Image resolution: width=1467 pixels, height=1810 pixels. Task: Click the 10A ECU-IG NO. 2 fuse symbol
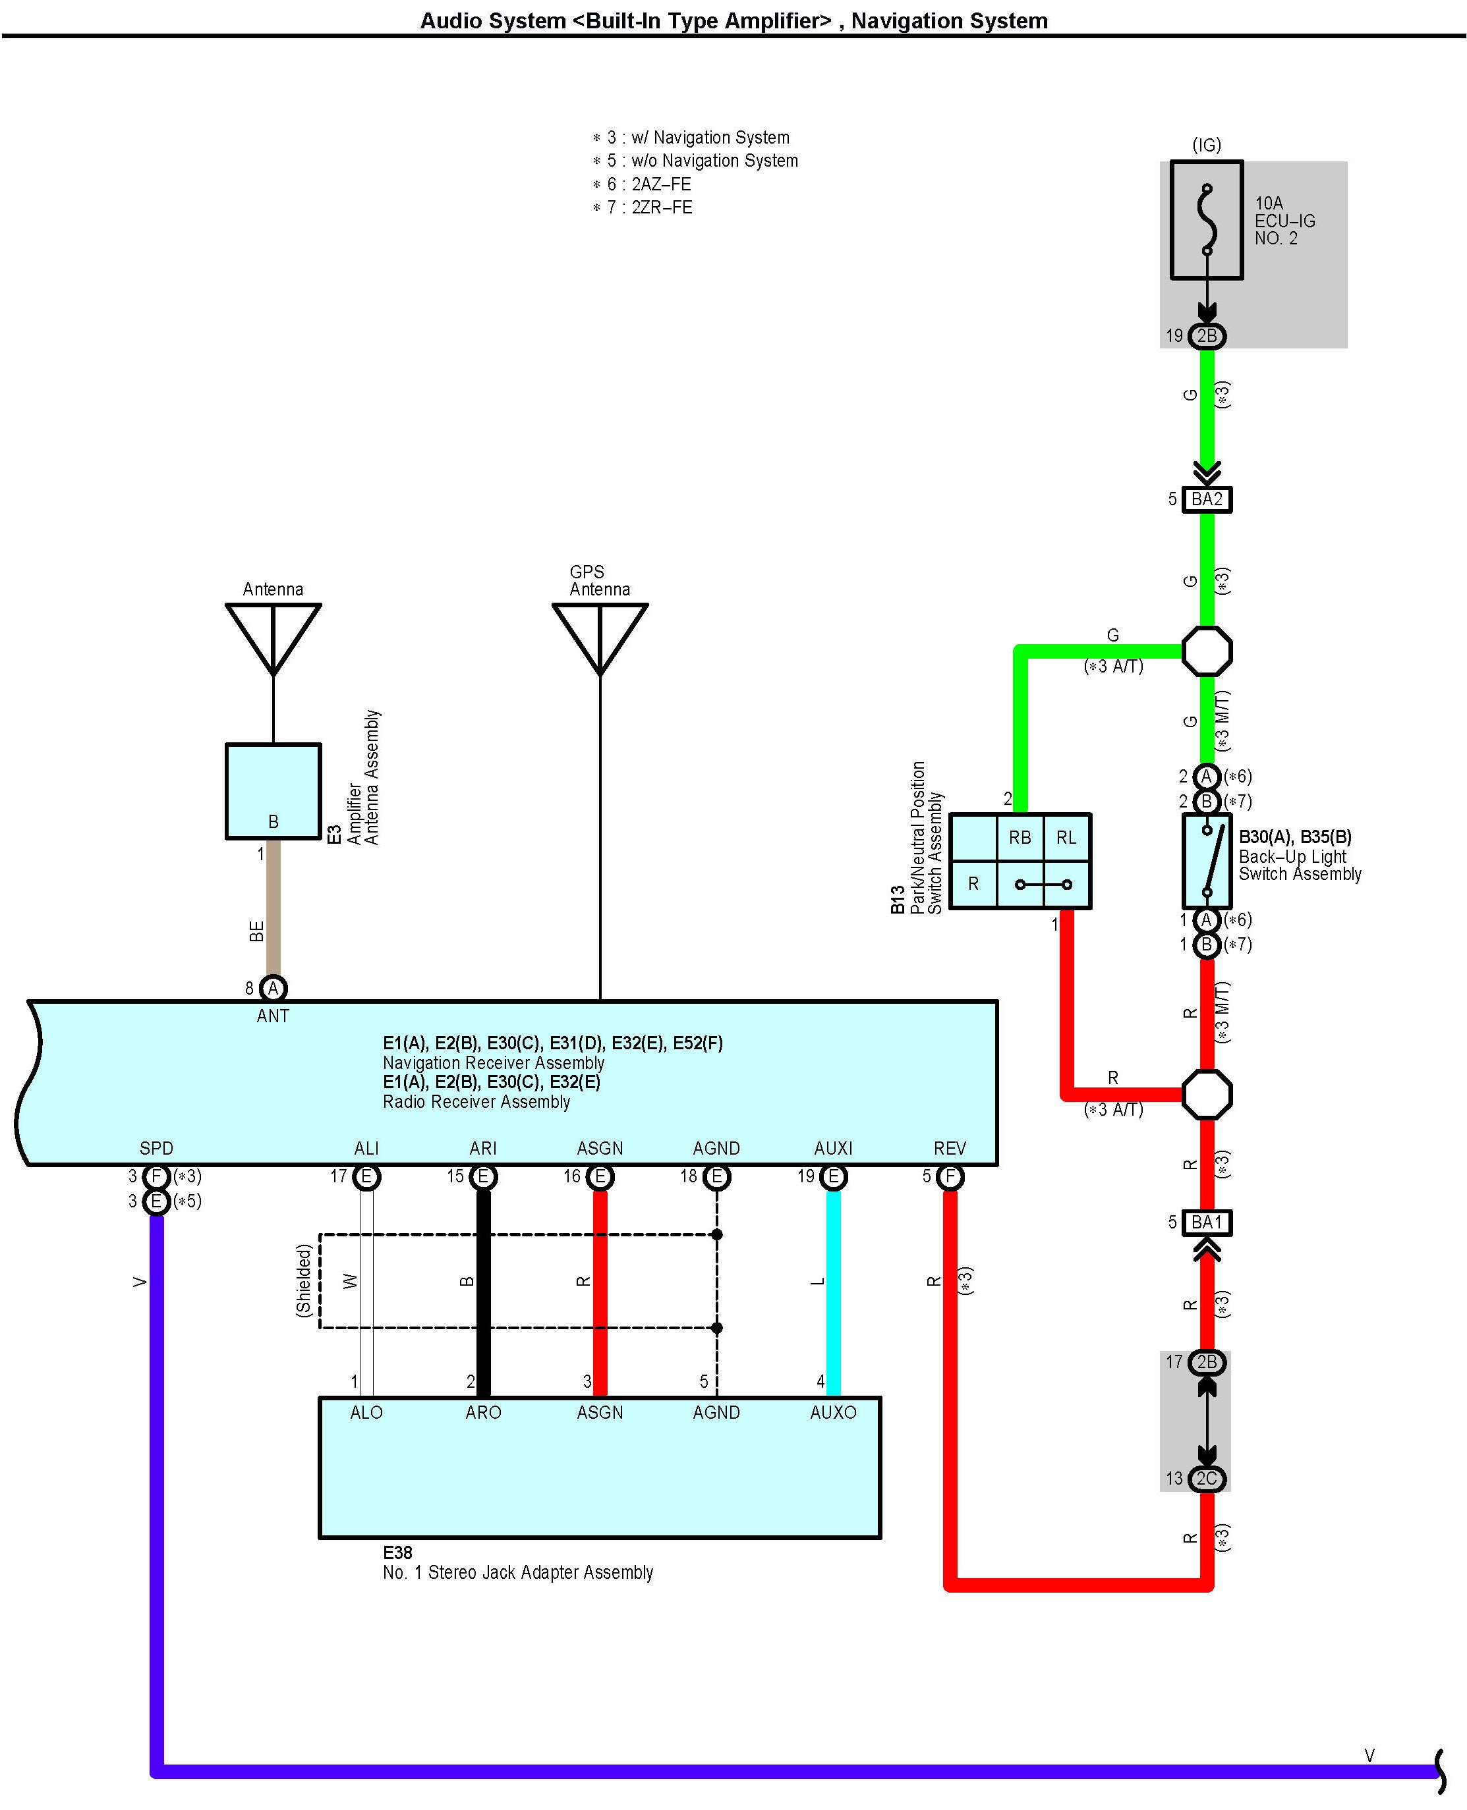1206,219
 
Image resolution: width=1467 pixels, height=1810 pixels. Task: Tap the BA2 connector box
1206,499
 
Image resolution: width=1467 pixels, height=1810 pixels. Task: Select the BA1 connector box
1206,1222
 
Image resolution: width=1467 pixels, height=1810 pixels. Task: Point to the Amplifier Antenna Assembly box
273,790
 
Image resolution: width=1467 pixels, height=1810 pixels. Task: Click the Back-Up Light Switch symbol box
1207,861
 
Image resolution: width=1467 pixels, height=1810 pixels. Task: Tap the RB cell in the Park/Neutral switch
1020,837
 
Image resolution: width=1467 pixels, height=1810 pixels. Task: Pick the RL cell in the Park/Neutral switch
1066,837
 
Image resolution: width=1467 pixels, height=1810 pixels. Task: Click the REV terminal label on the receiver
950,1149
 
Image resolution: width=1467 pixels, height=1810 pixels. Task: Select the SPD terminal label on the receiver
156,1149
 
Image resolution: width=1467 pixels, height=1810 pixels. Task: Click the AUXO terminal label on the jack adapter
833,1412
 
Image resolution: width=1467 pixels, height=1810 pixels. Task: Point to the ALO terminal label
366,1412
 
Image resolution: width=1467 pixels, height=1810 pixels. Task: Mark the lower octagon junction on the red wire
1207,1095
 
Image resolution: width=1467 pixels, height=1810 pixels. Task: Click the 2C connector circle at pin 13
1207,1478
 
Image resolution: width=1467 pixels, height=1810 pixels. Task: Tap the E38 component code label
398,1552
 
